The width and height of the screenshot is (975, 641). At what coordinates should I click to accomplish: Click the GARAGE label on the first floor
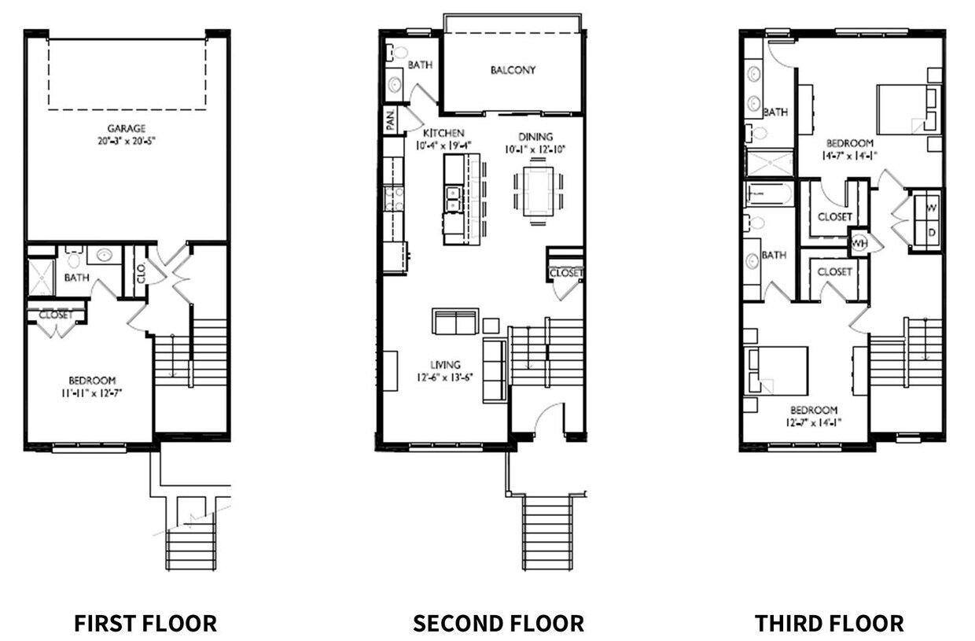tap(127, 128)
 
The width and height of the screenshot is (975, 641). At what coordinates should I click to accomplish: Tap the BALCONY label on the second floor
tap(513, 70)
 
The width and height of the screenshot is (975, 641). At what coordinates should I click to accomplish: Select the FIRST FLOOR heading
tap(145, 624)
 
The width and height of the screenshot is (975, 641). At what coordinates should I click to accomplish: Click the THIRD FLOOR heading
tap(829, 624)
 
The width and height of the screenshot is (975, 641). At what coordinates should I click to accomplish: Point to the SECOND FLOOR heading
tap(499, 624)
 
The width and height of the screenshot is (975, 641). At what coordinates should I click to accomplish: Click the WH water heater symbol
tap(859, 241)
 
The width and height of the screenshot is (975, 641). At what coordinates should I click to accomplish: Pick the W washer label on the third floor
tap(932, 208)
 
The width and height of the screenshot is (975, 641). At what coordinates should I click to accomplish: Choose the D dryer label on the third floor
tap(932, 233)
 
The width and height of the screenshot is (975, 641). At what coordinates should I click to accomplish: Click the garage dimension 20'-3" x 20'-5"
tap(127, 142)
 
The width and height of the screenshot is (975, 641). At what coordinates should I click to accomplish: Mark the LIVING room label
tap(445, 364)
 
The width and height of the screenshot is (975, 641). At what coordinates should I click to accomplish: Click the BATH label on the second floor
tap(419, 65)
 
